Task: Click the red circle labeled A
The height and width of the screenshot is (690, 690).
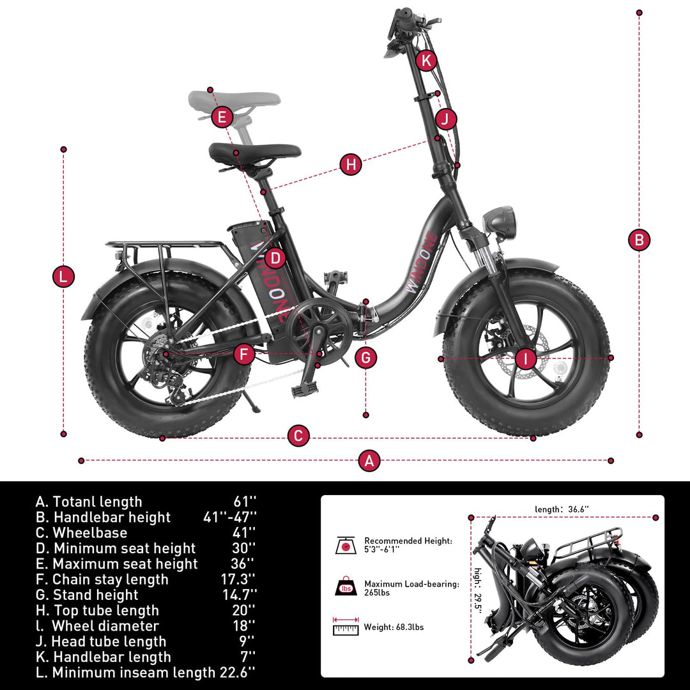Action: coord(369,461)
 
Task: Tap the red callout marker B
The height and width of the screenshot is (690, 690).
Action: coord(639,240)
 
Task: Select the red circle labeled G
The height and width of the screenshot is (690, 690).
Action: coord(365,357)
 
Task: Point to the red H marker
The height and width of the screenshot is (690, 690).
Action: coord(351,164)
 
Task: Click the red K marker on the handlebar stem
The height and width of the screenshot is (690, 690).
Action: coord(427,61)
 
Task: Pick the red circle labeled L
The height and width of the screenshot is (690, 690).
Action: coord(63,277)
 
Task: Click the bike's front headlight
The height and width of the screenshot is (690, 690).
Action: coord(499,221)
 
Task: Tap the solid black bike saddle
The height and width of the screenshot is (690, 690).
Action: coord(255,152)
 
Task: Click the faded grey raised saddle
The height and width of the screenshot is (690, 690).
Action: coord(234,99)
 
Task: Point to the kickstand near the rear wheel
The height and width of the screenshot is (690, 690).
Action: coord(248,402)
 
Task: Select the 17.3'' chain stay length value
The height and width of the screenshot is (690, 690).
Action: coord(238,579)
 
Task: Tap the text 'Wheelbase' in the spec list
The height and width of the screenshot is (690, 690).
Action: coord(90,533)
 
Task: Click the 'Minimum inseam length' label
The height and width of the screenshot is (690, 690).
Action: coord(134,673)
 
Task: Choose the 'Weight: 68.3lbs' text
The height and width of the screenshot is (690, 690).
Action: coord(394,627)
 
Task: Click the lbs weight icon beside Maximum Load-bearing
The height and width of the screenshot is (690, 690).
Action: coord(346,587)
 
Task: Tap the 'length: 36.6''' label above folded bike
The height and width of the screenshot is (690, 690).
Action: coord(562,509)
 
